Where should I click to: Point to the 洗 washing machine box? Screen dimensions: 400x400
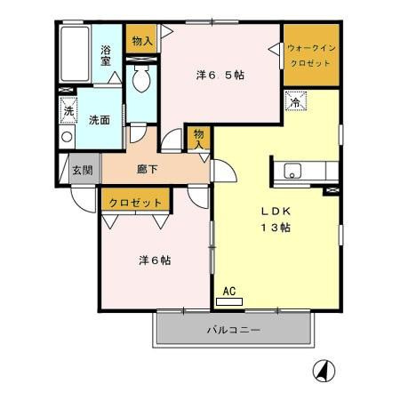(68, 111)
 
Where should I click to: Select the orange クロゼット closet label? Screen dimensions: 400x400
(136, 203)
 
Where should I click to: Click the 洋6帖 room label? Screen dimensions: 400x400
(155, 260)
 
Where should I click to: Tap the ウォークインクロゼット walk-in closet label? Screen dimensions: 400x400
(311, 54)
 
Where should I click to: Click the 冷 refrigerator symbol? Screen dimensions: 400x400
(294, 102)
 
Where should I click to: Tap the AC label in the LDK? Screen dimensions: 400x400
(228, 291)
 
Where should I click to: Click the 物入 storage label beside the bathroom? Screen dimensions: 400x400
(141, 40)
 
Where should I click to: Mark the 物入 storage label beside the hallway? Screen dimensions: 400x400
(199, 139)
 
